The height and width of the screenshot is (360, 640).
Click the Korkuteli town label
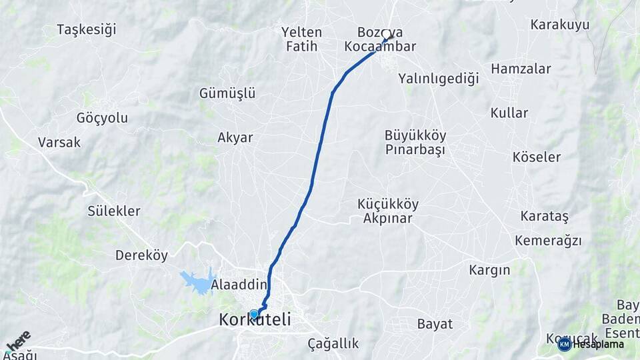point(255,321)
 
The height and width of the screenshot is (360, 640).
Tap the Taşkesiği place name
point(87,29)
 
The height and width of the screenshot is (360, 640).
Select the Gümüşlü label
point(227,93)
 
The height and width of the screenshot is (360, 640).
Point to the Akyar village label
point(235,138)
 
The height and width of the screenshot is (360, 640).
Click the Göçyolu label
point(102,118)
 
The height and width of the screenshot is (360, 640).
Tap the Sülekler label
point(114,211)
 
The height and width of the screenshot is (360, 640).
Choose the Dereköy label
point(141,255)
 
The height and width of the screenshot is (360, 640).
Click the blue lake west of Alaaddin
point(198,281)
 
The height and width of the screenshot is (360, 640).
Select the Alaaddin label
point(239,285)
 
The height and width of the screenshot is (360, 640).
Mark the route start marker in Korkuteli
point(254,314)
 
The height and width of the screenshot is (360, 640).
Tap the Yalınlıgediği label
point(439,79)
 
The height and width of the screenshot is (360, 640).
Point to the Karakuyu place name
point(560,25)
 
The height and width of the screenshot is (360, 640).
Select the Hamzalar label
point(511,69)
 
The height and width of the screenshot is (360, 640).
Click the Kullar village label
point(509,113)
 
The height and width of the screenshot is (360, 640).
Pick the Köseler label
point(537,157)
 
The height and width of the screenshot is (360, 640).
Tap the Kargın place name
point(489,270)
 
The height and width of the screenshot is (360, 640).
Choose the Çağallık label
point(333,344)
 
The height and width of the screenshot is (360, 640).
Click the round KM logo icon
point(564,344)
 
